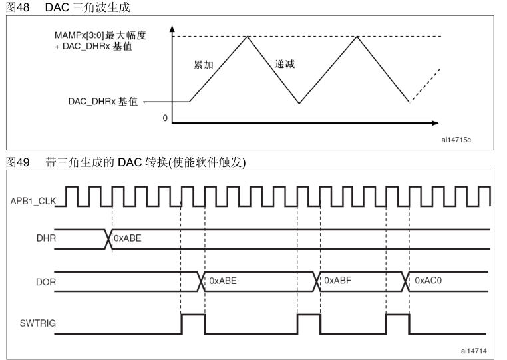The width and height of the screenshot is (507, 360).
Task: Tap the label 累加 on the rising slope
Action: (203, 65)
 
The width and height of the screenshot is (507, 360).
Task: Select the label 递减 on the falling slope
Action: (285, 65)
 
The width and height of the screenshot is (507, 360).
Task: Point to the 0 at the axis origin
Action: (164, 118)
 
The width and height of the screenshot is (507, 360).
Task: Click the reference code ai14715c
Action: (456, 140)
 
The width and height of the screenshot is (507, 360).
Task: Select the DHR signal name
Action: (46, 238)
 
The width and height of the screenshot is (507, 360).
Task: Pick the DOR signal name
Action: (46, 282)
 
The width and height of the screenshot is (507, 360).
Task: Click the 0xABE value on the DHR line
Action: (127, 237)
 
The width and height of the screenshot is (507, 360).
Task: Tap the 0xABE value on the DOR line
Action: (223, 281)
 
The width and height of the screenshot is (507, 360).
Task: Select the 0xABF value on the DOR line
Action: (339, 281)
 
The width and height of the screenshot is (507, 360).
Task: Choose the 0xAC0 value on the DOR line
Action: (428, 281)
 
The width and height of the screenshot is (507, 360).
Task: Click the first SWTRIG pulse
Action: (193, 323)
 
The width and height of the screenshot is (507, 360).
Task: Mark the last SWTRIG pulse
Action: (397, 323)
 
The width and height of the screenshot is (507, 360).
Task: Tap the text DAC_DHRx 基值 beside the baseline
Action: (103, 102)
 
